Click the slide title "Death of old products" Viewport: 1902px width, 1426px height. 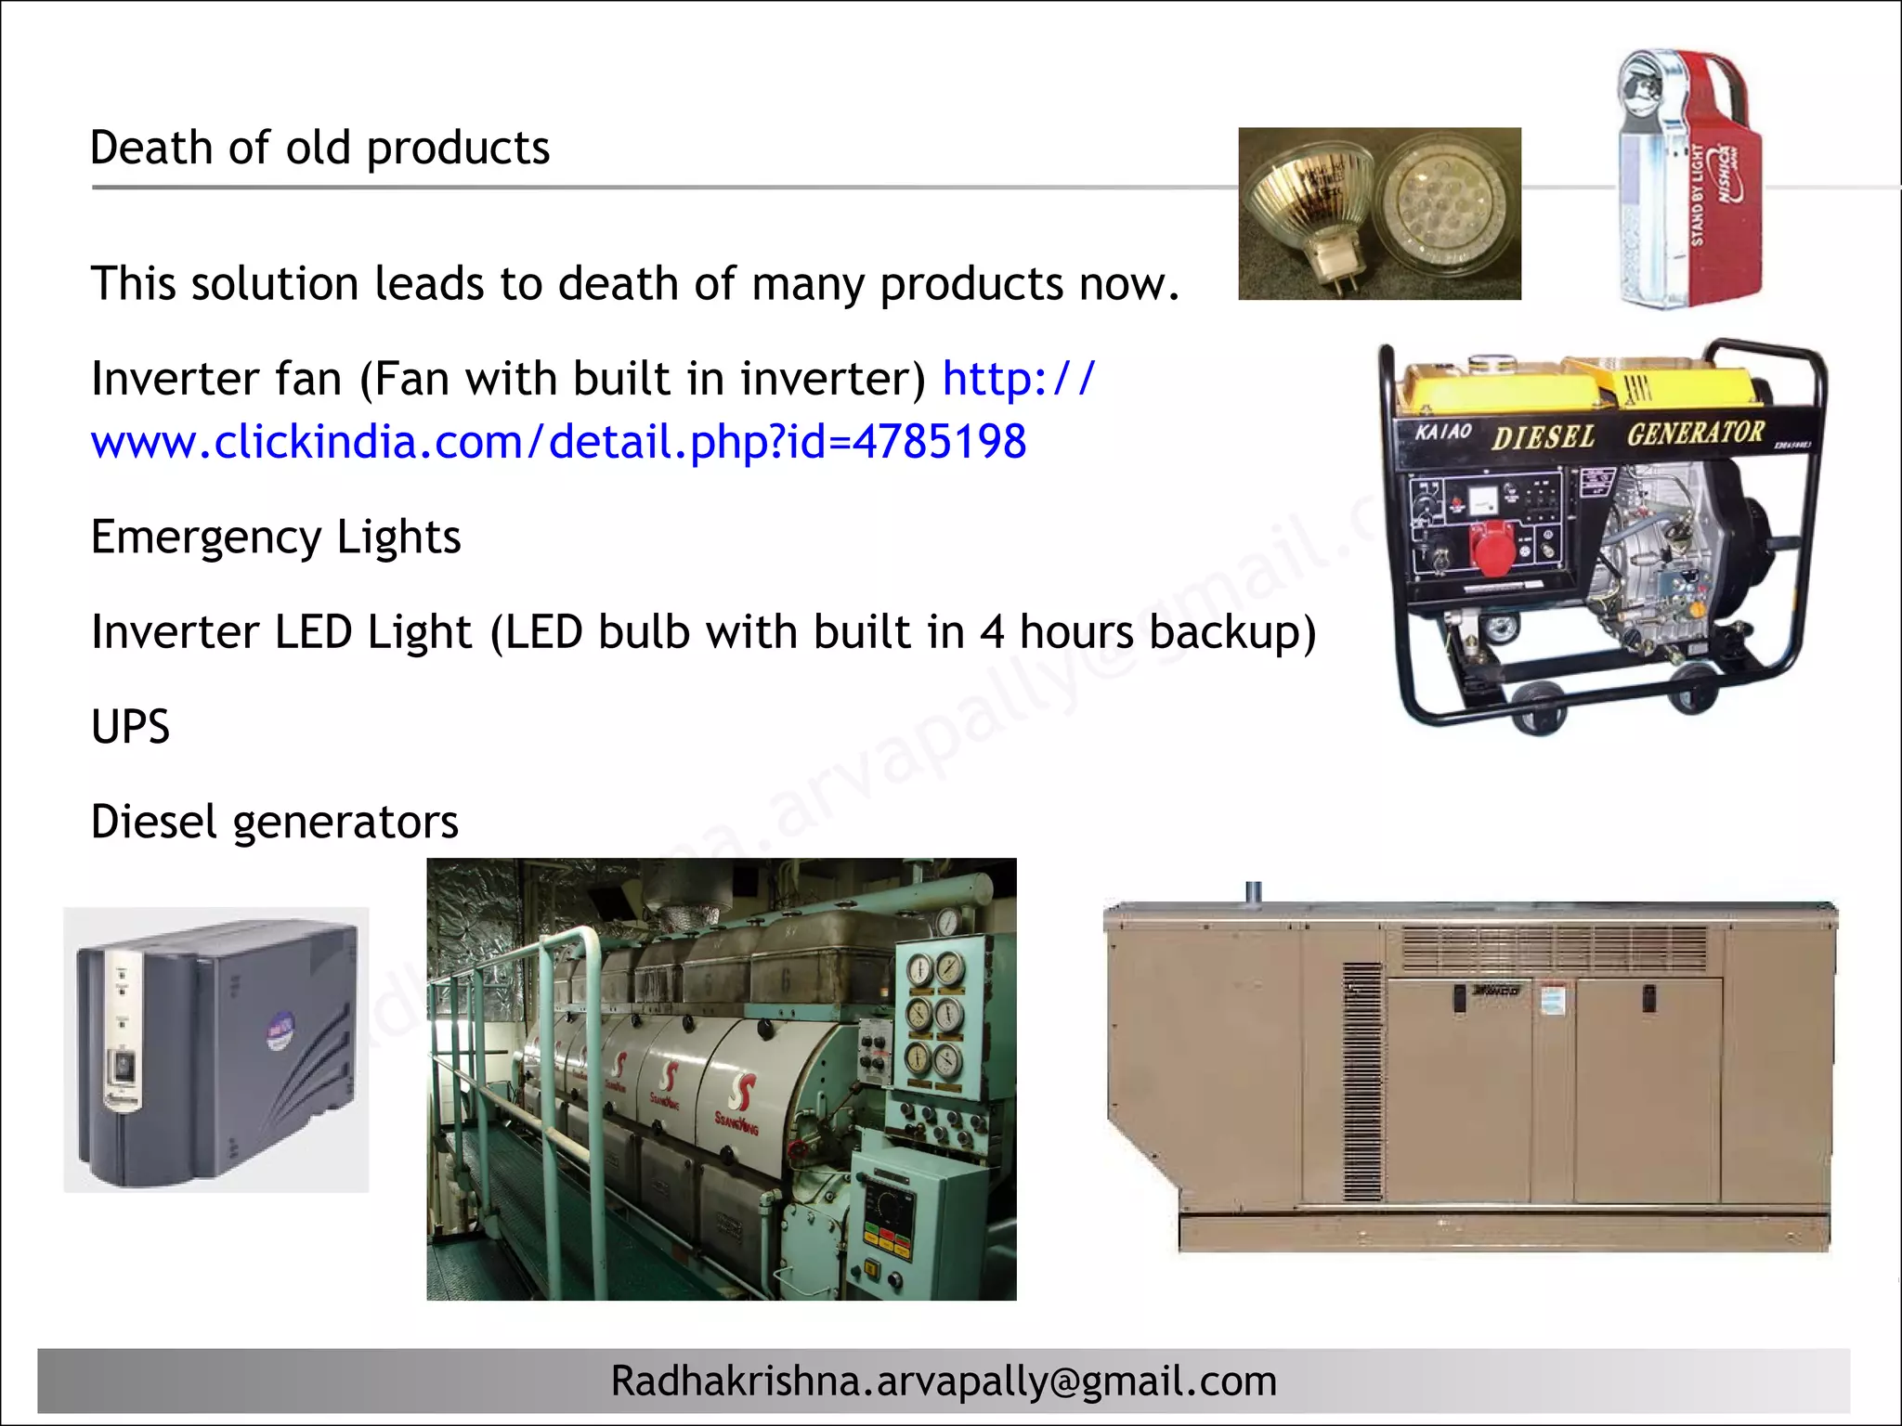tap(319, 149)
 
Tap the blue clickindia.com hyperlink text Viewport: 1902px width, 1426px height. tap(558, 442)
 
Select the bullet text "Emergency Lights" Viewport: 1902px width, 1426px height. tap(276, 538)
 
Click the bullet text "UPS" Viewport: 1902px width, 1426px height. tap(130, 727)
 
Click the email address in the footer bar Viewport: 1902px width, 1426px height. tap(944, 1381)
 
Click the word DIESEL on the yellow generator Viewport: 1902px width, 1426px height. tap(1543, 436)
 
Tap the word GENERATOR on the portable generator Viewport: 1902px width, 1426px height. tap(1695, 433)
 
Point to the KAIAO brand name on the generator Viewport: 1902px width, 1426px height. tap(1443, 432)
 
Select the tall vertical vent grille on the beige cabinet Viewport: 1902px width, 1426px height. tap(1362, 1082)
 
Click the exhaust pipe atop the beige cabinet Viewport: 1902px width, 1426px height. tap(1253, 892)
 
